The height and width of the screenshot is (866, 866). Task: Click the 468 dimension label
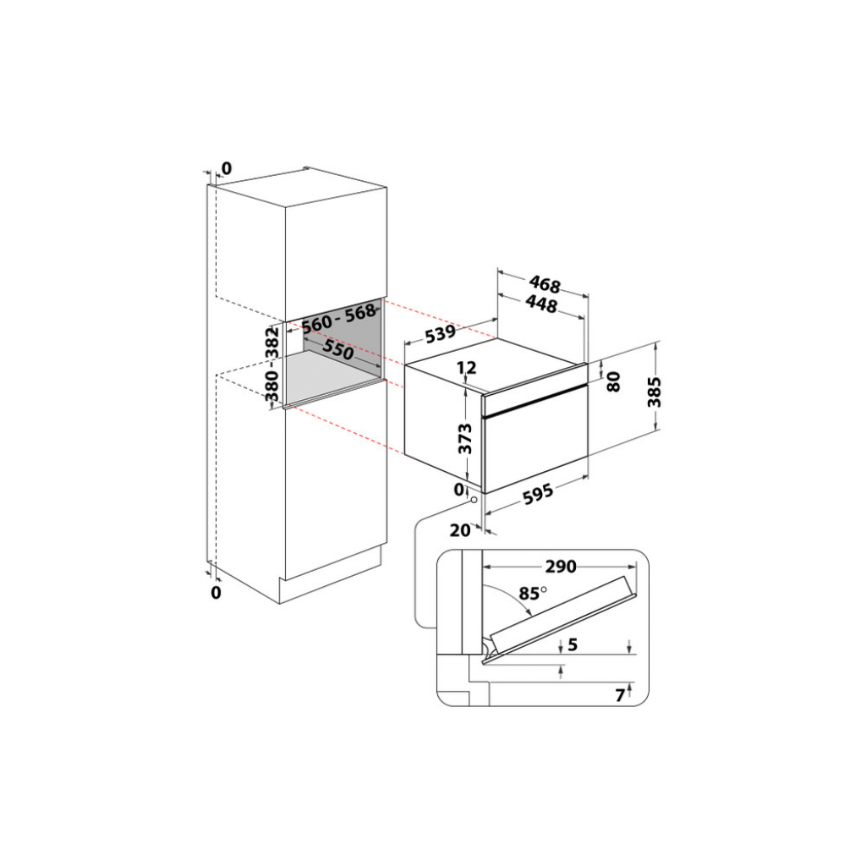point(546,284)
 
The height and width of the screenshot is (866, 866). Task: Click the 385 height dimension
point(654,391)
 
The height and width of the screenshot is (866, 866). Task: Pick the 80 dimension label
point(614,381)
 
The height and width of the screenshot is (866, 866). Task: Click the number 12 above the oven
point(467,368)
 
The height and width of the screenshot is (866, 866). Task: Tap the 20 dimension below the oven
point(459,530)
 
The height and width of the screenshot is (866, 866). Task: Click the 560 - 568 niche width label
point(338,317)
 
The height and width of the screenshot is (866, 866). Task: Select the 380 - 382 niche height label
point(272,364)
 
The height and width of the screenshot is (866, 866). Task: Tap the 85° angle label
point(532,593)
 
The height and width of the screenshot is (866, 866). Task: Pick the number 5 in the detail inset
point(573,645)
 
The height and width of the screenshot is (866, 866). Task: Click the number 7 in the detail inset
point(619,695)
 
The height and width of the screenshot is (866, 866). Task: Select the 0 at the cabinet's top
point(226,167)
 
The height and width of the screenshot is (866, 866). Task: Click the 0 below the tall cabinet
point(216,592)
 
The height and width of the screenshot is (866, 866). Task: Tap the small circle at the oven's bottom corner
point(474,498)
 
